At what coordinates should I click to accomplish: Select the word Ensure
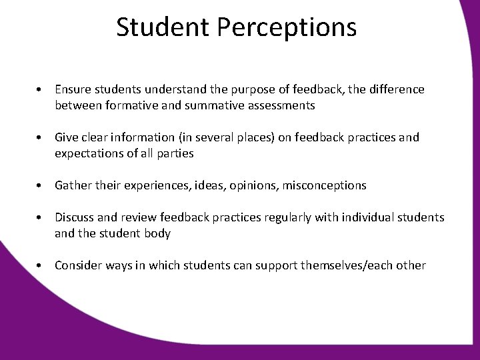[x=72, y=89]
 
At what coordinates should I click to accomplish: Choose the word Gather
[x=72, y=185]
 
